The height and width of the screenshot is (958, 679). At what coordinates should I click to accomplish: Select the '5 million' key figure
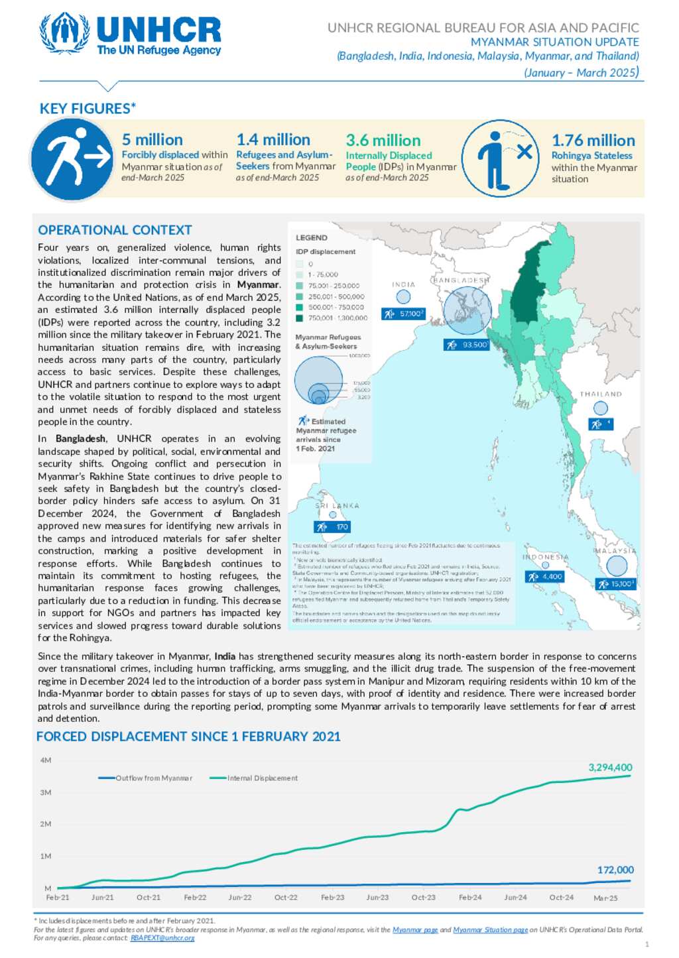(x=153, y=140)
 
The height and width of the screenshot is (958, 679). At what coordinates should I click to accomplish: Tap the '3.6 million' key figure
(x=383, y=141)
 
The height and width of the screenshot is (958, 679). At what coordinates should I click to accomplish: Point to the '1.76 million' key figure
(x=593, y=141)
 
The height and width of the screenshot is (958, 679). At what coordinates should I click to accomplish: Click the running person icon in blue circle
(x=72, y=160)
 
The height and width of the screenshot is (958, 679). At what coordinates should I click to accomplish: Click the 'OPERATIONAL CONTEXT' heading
(x=115, y=230)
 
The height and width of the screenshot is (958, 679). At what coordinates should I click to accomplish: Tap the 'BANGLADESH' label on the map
(x=461, y=280)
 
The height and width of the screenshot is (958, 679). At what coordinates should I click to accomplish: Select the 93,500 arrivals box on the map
(x=467, y=345)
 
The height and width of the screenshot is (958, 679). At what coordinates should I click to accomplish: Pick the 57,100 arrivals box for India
(x=403, y=314)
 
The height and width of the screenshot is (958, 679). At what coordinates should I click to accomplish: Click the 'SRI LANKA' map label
(x=337, y=506)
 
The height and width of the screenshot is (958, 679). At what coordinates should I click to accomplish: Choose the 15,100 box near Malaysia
(x=616, y=584)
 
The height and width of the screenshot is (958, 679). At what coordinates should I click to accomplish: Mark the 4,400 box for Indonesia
(x=545, y=577)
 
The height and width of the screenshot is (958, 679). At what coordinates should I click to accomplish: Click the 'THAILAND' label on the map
(x=601, y=394)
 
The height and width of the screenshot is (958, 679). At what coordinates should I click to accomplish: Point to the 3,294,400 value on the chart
(x=610, y=768)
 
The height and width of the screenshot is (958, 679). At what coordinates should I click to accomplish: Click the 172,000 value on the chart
(x=615, y=870)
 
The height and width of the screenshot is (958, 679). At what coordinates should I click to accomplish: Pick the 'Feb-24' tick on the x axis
(x=470, y=898)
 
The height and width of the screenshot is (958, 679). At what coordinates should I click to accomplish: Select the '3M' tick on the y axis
(x=46, y=793)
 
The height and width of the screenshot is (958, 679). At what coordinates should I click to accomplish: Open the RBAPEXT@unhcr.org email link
(x=162, y=938)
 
